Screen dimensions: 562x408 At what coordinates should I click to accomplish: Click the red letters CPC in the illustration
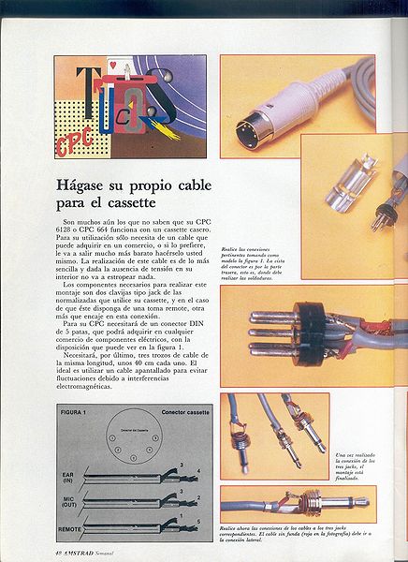coord(73,141)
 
